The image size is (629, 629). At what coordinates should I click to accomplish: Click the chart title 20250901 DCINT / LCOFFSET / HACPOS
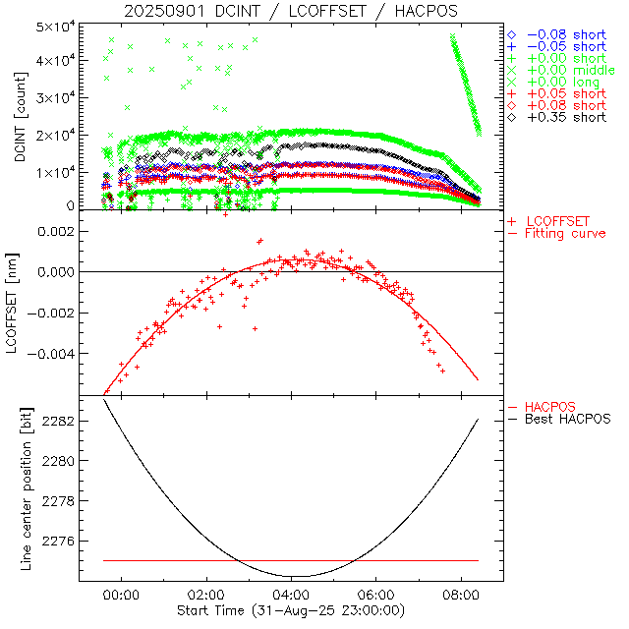coord(291,11)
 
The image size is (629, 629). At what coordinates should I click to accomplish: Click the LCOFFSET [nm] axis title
coord(20,309)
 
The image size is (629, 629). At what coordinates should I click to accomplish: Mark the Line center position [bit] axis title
coord(20,492)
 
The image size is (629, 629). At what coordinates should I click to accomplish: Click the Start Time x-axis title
coord(291,609)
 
